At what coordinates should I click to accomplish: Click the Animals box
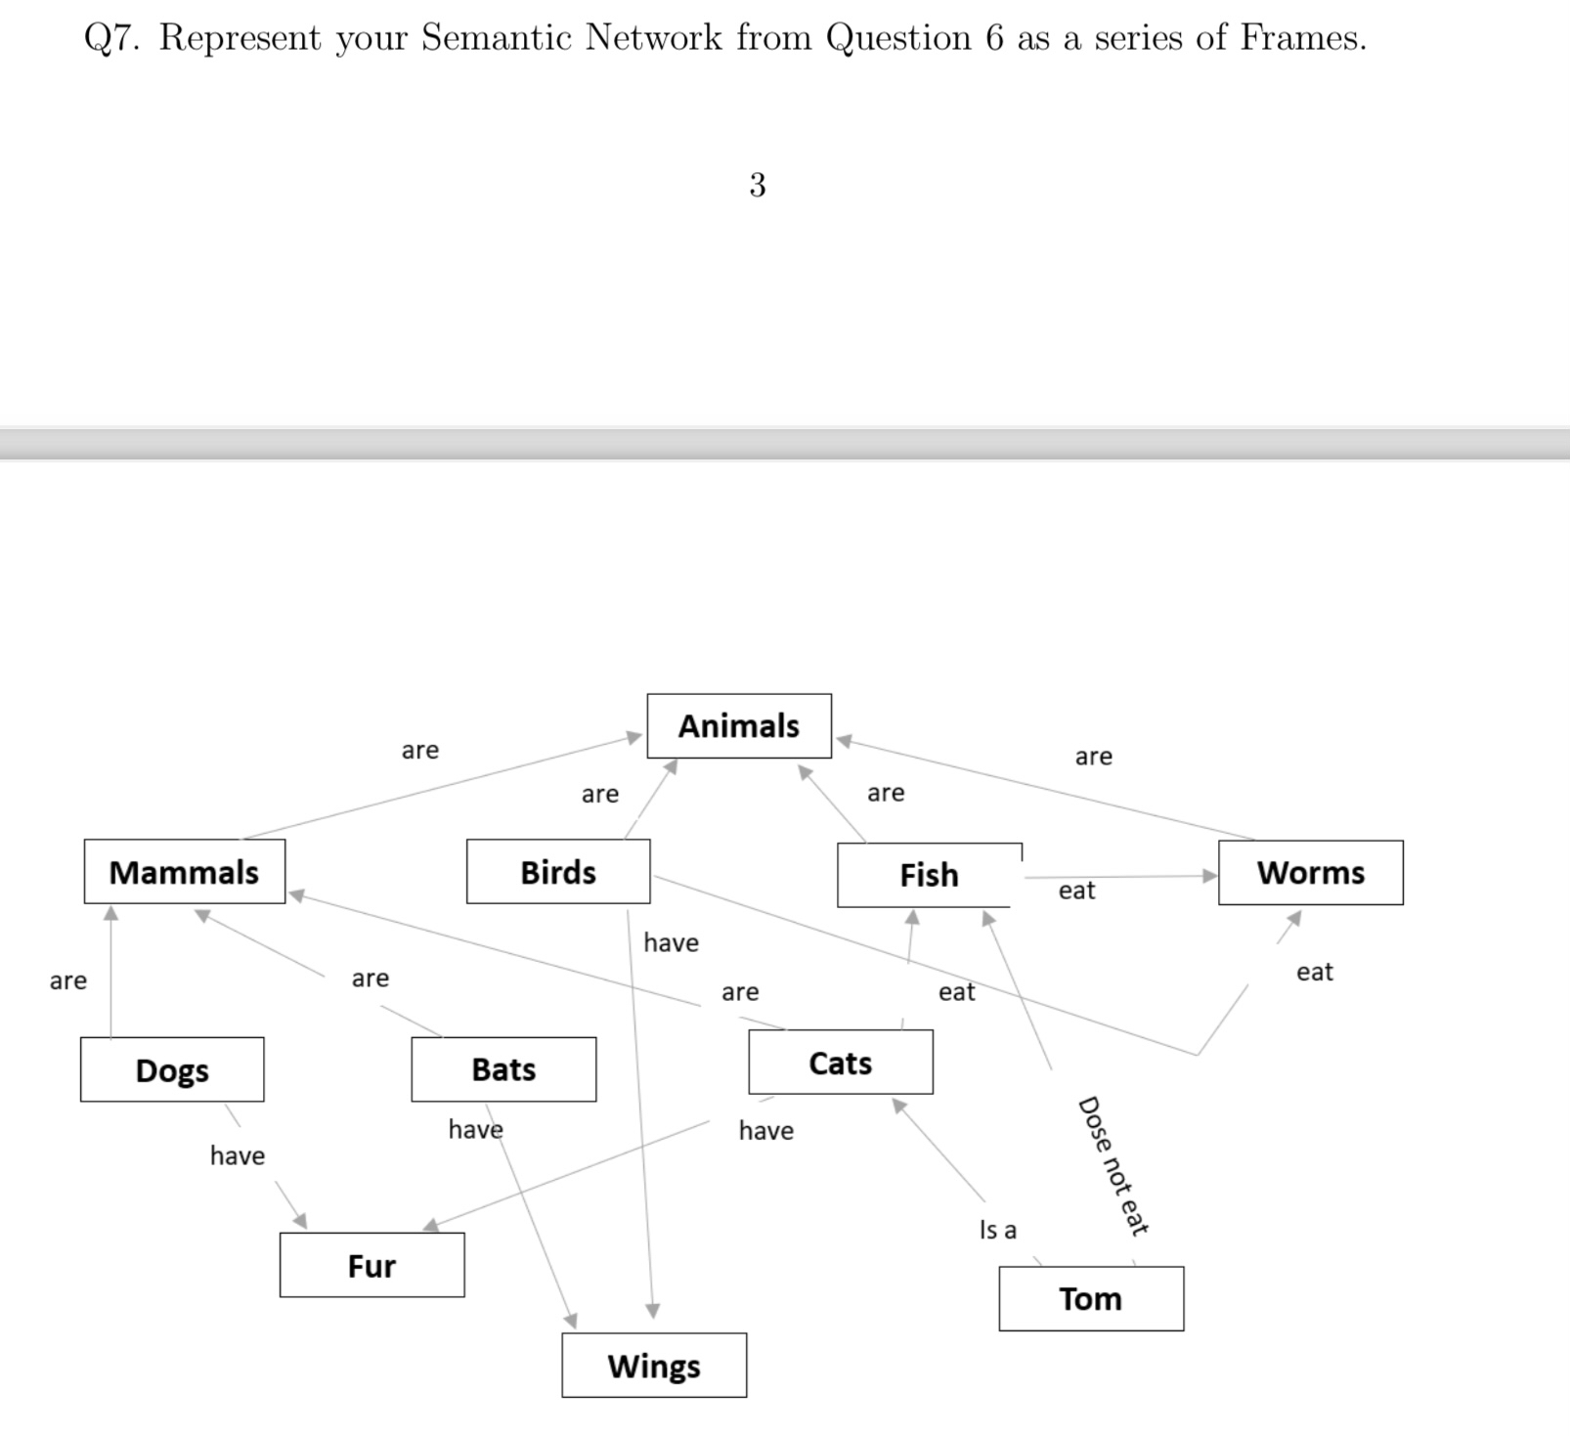(739, 726)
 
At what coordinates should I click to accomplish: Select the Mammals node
(184, 872)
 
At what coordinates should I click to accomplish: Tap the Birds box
(558, 872)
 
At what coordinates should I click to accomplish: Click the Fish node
(928, 875)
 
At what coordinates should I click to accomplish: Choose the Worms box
(1310, 873)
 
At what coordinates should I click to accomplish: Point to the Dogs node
(172, 1070)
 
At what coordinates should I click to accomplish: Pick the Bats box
(503, 1069)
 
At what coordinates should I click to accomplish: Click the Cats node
(841, 1063)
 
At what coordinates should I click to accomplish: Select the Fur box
(371, 1266)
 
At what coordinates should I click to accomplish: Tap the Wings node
(654, 1366)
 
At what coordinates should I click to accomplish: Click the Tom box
(1091, 1299)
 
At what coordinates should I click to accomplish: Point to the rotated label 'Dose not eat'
(1112, 1166)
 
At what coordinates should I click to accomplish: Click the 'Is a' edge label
(998, 1230)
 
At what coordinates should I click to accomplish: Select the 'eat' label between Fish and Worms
(1076, 891)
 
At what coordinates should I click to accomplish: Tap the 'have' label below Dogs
(238, 1156)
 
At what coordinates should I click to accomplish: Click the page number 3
(758, 186)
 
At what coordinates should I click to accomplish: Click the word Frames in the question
(1302, 38)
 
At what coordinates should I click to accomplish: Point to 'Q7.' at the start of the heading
(114, 39)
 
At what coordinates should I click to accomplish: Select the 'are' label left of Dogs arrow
(68, 980)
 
